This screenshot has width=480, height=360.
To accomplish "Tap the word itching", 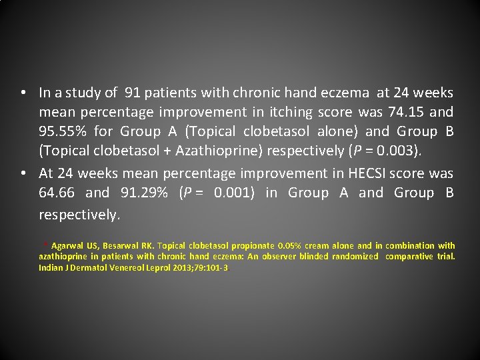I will pos(293,111).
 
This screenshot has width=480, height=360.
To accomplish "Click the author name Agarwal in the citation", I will pos(67,246).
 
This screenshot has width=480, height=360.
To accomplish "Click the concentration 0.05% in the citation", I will pos(290,246).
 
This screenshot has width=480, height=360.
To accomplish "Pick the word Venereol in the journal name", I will pos(107,267).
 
